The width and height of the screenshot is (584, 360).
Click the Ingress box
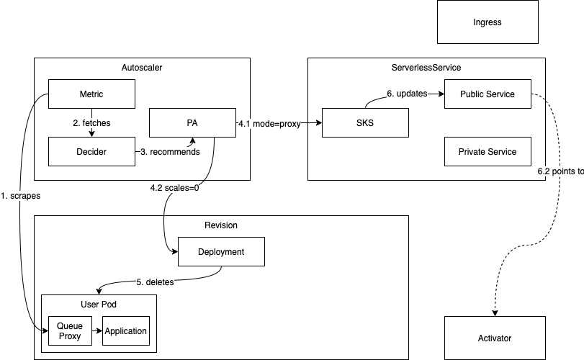[488, 22]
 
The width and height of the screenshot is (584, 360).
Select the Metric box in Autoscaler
[91, 94]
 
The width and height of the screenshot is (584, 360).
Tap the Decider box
[91, 152]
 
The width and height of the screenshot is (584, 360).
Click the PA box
[192, 123]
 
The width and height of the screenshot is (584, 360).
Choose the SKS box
[365, 123]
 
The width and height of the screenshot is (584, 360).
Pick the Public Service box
[488, 94]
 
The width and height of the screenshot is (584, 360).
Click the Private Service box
[488, 152]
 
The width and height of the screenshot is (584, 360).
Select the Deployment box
[221, 252]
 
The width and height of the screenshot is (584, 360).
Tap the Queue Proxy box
[70, 331]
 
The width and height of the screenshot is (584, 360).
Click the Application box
[126, 331]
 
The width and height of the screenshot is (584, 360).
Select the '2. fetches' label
[91, 123]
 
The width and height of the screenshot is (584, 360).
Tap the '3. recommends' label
[169, 152]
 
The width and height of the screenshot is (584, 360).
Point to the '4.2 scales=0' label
[174, 188]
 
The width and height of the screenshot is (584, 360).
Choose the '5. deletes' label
[155, 282]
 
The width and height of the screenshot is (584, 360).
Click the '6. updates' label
[408, 94]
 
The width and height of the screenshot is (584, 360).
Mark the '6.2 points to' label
[560, 174]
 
